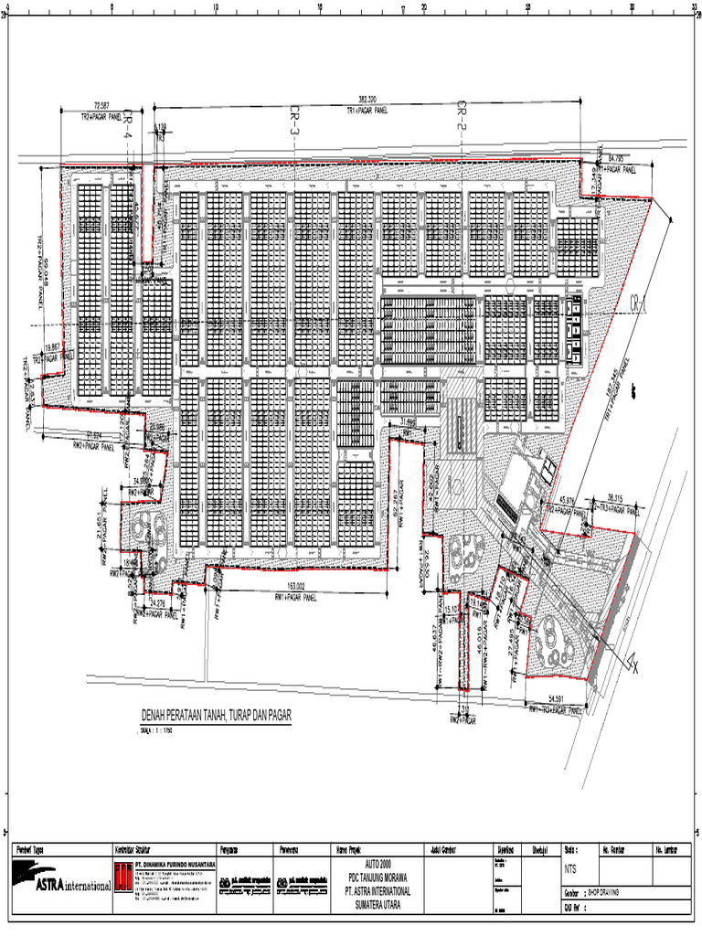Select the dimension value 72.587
pos(95,106)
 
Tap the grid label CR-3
pos(294,121)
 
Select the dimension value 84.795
pos(620,160)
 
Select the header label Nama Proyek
pos(353,849)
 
